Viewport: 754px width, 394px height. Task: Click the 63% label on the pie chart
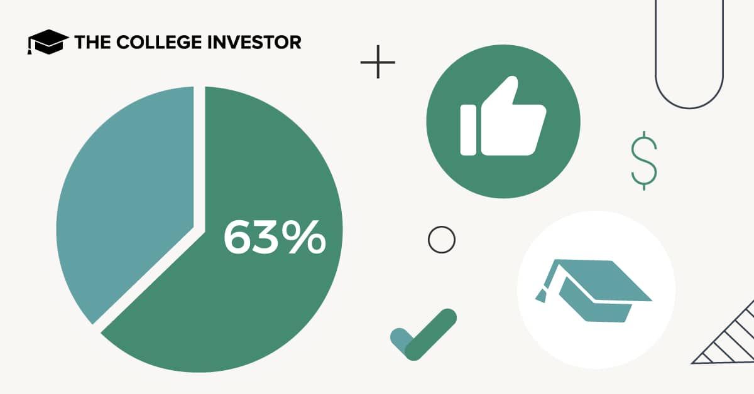pos(275,237)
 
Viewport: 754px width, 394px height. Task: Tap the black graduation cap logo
pos(48,41)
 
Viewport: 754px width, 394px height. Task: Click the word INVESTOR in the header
pos(254,42)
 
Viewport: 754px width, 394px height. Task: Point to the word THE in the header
pos(92,42)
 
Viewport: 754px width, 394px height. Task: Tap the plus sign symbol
pos(378,62)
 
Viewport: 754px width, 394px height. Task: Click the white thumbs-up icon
pos(503,116)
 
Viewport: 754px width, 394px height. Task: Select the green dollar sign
pos(644,161)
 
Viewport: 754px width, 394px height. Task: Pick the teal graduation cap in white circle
pos(594,290)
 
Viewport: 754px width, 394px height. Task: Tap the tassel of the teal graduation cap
pos(541,296)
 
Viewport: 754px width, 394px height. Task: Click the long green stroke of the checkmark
pos(431,334)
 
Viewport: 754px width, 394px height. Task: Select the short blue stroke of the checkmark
pos(402,340)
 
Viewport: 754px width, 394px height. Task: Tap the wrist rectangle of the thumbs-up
pos(468,130)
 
